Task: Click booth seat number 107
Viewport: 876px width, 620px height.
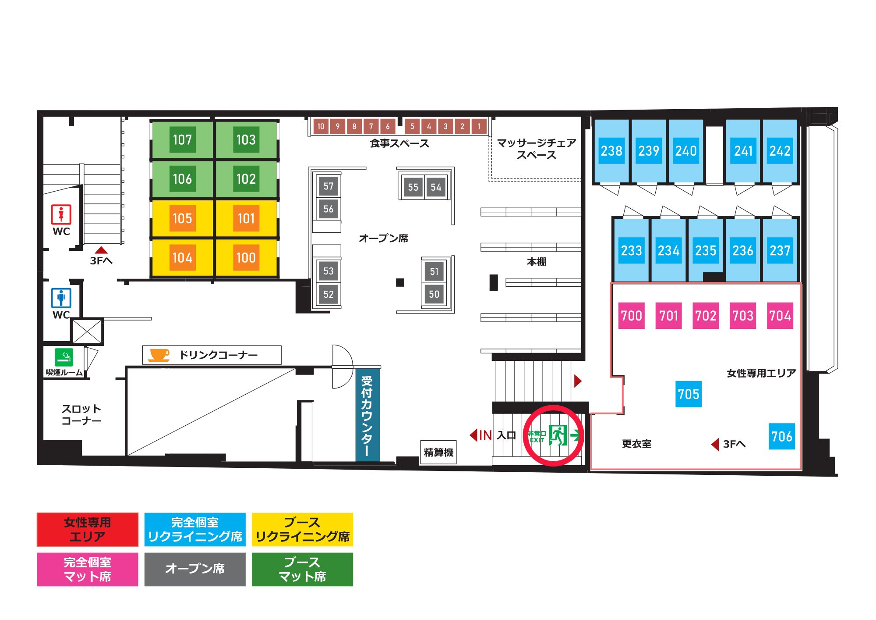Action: coord(182,139)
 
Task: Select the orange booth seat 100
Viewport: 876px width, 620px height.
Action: coord(246,257)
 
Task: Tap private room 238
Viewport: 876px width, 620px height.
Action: coord(611,151)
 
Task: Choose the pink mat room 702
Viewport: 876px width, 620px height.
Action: coord(706,315)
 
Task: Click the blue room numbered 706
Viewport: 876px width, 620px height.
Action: coord(782,436)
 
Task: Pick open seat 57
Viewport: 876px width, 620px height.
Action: coord(328,186)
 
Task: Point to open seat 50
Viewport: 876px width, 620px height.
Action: coord(434,294)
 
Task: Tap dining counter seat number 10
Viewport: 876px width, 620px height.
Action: coord(321,126)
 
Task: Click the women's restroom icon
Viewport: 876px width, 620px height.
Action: coord(61,214)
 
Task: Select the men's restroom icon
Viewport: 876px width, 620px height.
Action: coord(61,298)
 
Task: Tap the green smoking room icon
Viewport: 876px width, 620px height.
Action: coord(64,357)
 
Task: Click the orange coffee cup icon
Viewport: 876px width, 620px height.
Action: coord(159,355)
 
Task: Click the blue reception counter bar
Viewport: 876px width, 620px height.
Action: coord(367,414)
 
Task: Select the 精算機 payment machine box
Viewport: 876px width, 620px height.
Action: coord(438,452)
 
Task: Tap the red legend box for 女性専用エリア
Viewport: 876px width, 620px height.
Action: coord(88,530)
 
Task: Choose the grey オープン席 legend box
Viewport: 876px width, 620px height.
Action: coord(195,569)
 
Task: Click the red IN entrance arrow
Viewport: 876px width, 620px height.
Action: coord(473,435)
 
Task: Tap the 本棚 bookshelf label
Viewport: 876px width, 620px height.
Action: coord(537,262)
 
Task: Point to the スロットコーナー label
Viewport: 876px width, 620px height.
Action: coord(81,415)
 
